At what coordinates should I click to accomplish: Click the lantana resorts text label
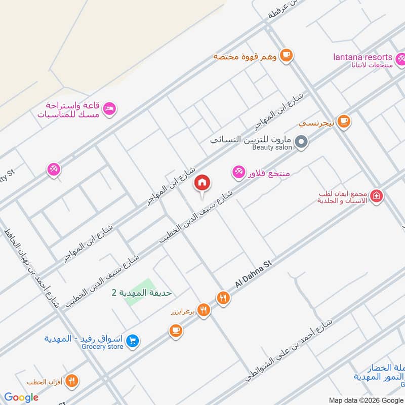[362, 57]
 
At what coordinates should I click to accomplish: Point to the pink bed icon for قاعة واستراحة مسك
[109, 108]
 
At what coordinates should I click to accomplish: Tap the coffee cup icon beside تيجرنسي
[344, 121]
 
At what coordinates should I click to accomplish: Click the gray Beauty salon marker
[301, 142]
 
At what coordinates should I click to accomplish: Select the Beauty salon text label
[272, 147]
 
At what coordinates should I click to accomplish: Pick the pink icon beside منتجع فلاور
[238, 173]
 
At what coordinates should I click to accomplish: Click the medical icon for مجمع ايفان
[376, 196]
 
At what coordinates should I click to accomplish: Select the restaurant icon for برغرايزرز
[204, 310]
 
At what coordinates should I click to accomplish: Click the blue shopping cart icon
[132, 341]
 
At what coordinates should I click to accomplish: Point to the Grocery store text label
[102, 347]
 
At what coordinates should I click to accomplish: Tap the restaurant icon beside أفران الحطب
[72, 381]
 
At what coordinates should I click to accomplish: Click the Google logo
[21, 397]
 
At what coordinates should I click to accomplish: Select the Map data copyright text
[366, 400]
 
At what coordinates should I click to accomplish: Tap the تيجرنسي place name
[315, 123]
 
